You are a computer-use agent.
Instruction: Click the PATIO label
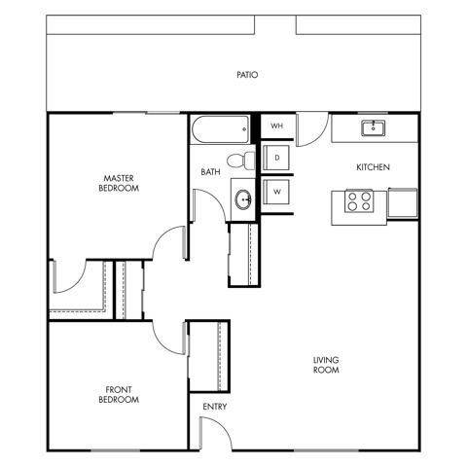coord(247,75)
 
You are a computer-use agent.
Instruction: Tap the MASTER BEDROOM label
coord(119,183)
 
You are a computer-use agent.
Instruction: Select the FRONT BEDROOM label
coord(119,394)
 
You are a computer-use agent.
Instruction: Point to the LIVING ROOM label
coord(326,365)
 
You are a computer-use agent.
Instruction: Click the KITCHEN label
coord(373,167)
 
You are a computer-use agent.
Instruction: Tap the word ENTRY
coord(215,407)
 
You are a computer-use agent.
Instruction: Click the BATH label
coord(210,172)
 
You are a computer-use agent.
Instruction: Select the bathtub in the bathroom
coord(221,129)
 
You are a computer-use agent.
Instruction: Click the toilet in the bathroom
coord(241,161)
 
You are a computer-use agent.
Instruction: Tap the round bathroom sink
coord(243,199)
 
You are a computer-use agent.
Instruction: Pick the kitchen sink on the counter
coord(374,127)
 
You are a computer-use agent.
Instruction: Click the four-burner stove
coord(359,201)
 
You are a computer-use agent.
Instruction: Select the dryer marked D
coord(276,158)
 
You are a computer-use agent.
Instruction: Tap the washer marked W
coord(276,192)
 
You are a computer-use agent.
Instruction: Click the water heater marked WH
coord(276,126)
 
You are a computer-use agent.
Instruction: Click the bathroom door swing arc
coord(216,198)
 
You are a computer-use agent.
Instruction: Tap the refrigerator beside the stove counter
coord(403,203)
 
